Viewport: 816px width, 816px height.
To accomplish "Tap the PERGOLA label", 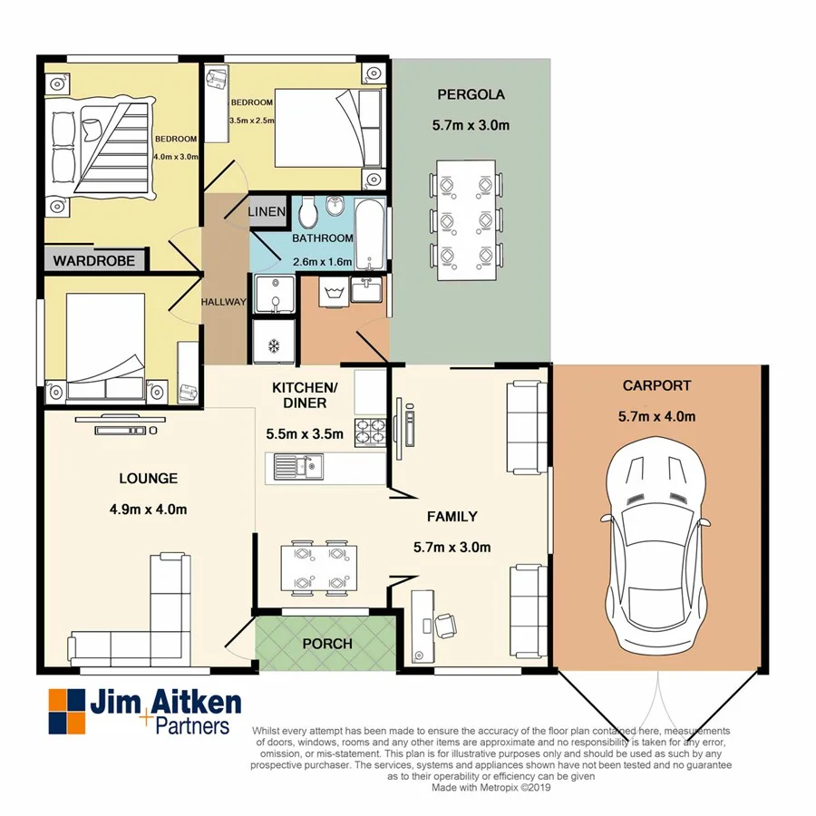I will [471, 94].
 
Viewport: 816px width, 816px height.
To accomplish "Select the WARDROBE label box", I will [93, 261].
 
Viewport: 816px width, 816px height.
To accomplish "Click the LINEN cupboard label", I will [268, 212].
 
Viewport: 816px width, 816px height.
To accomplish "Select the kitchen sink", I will [294, 468].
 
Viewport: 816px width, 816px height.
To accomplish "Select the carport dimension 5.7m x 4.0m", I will [656, 417].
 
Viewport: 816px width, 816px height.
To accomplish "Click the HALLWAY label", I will [223, 302].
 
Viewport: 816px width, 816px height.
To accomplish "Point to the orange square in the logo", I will [60, 699].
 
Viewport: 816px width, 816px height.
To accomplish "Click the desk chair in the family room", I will [444, 625].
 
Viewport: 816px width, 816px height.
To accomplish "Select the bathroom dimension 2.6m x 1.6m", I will [321, 263].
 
